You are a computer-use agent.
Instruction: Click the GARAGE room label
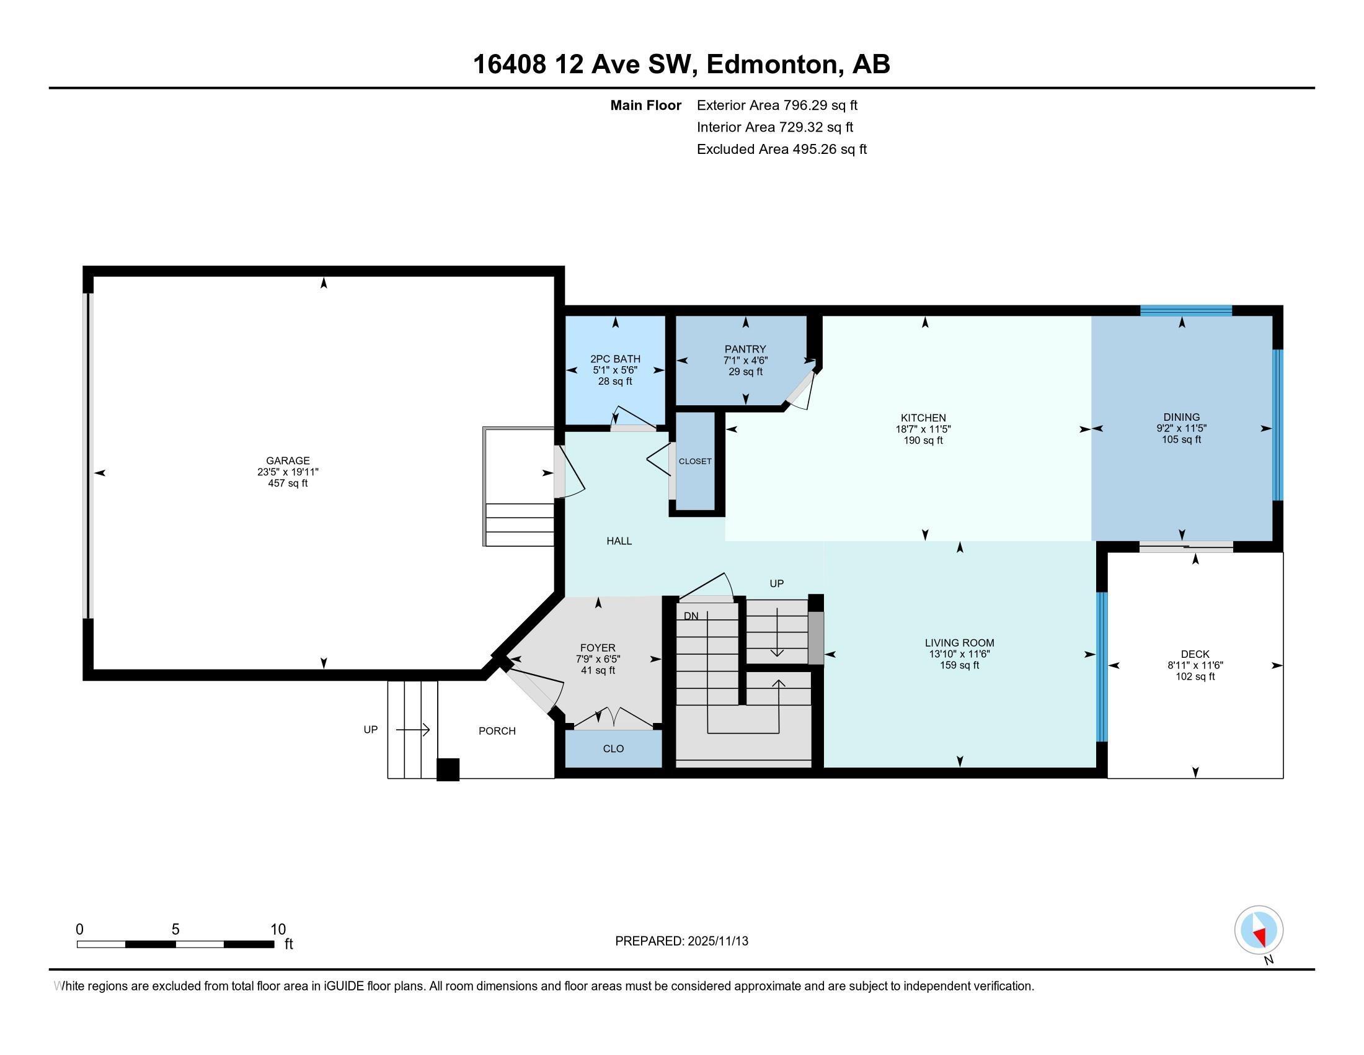287,460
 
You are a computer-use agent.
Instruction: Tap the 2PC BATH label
615,359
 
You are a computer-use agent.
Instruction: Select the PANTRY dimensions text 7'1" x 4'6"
745,361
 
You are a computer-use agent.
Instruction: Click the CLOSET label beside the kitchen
695,461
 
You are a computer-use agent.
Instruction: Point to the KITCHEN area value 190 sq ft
923,441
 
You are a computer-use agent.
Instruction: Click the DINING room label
1181,417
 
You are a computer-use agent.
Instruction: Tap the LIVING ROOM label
959,642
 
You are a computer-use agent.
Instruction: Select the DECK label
1195,653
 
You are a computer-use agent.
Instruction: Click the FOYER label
598,647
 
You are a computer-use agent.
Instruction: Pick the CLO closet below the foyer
613,748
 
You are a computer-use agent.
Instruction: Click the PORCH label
497,730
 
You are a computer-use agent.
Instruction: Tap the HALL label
619,541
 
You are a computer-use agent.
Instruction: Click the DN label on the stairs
691,616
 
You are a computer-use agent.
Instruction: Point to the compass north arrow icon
1259,931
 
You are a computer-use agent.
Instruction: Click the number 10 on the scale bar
278,930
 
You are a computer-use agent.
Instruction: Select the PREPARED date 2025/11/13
717,941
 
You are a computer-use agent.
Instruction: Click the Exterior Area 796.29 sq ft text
777,105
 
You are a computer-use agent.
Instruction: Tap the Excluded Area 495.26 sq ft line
781,149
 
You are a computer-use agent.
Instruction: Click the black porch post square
448,770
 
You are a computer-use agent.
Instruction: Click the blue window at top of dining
1185,310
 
